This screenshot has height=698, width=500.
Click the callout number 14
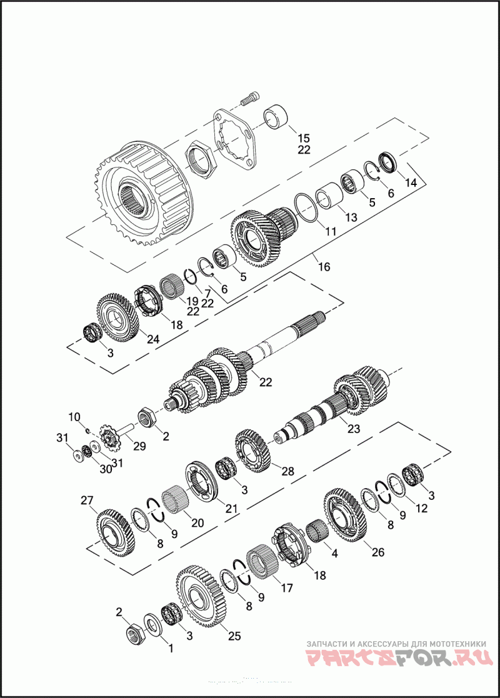coord(411,182)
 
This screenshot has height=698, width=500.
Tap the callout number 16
coord(323,267)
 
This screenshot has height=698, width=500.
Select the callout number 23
coord(354,429)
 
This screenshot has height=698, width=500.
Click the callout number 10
coord(74,416)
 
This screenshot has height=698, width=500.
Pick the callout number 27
coord(87,500)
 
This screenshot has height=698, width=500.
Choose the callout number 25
coord(234,636)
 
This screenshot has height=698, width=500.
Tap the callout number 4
coord(334,553)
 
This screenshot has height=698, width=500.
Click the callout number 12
coord(422,509)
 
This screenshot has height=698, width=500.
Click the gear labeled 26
coord(346,516)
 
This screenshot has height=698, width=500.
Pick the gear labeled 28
coord(254,450)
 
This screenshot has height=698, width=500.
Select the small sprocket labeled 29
coord(111,439)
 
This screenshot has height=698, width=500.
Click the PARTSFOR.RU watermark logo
coord(399,658)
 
